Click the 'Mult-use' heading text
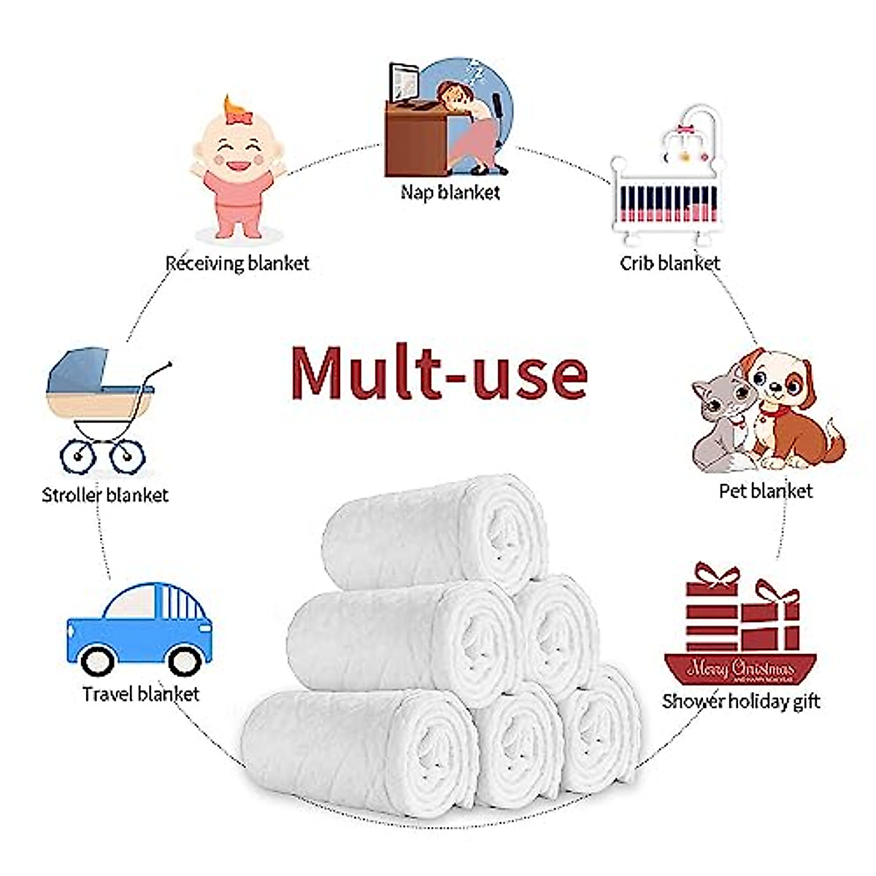tap(439, 374)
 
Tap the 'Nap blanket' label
tap(450, 193)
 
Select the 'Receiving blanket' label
tap(237, 263)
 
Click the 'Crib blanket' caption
tap(669, 263)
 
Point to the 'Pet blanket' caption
tap(765, 491)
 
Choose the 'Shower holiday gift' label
tap(741, 702)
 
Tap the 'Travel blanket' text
tap(141, 693)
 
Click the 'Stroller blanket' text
tap(105, 496)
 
